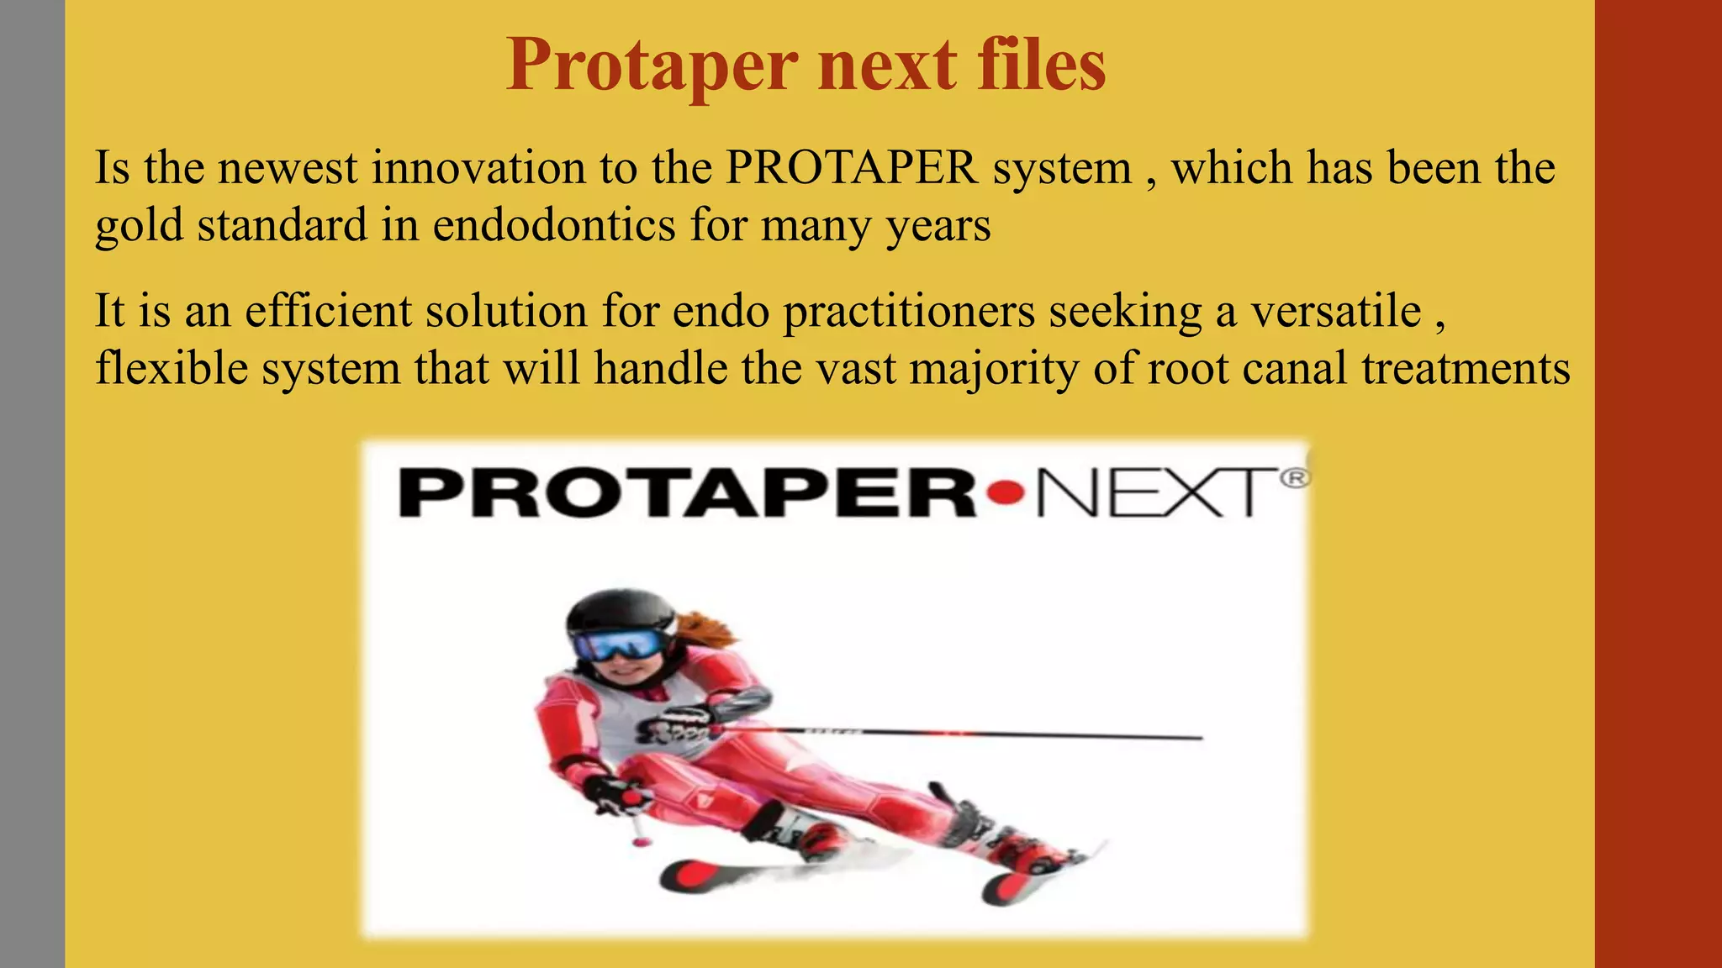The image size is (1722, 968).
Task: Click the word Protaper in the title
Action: [652, 66]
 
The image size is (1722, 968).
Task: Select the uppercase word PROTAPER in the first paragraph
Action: [852, 168]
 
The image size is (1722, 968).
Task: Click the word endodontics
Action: [554, 225]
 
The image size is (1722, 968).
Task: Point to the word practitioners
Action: [909, 311]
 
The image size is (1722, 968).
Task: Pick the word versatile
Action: [1336, 311]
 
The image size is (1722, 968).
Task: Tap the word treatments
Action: [1466, 368]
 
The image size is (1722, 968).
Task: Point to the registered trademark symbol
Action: [1295, 478]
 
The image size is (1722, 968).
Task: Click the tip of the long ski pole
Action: [1200, 738]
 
